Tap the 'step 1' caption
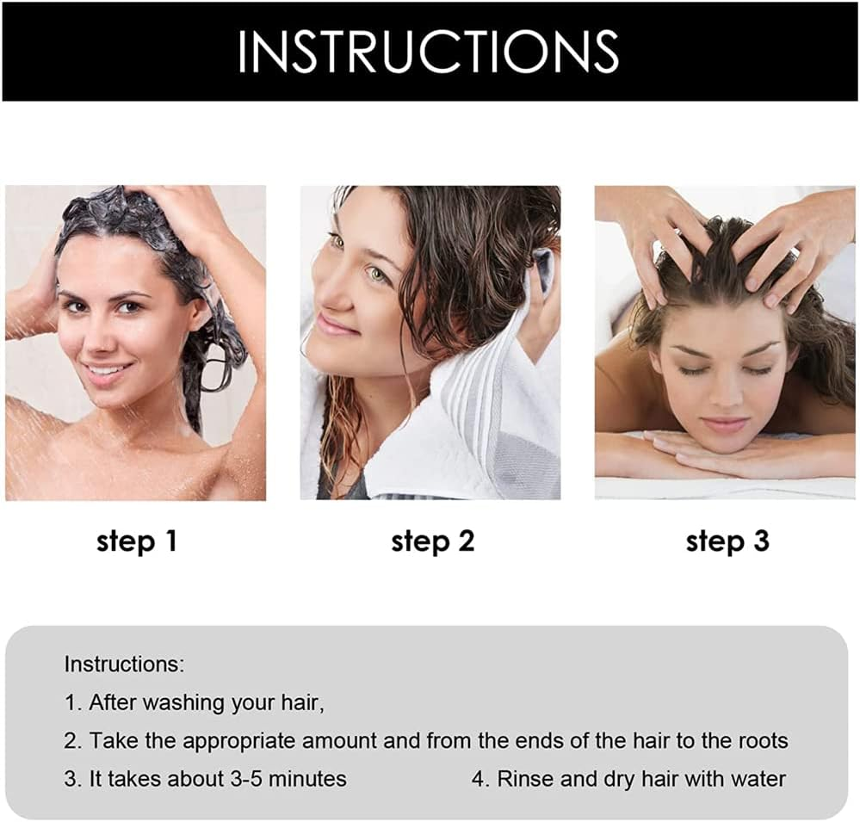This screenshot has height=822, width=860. tap(137, 541)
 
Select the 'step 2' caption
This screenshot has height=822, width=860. tap(433, 541)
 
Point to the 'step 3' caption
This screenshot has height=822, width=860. tap(727, 541)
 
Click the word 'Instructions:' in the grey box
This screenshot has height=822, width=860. tap(125, 664)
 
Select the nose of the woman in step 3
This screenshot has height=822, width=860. tap(720, 392)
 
